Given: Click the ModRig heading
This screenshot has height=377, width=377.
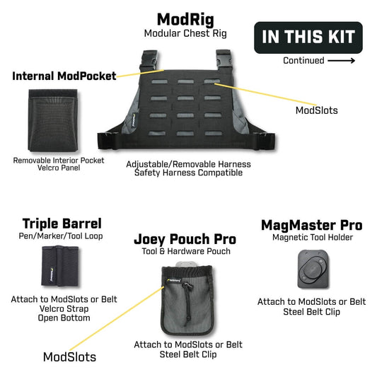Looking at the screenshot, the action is click(x=185, y=20).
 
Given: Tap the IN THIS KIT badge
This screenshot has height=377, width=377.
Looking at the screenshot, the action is click(x=308, y=37).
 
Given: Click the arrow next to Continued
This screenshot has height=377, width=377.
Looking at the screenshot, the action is click(x=341, y=61).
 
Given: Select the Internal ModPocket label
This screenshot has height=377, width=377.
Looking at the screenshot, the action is click(x=64, y=76).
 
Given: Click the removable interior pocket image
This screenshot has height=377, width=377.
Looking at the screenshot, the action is click(x=53, y=120).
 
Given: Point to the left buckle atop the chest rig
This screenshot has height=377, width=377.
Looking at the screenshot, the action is click(x=149, y=60).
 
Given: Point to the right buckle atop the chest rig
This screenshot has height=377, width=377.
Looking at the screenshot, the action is click(x=224, y=60).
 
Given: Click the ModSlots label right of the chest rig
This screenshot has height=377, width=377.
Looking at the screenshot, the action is click(x=317, y=110).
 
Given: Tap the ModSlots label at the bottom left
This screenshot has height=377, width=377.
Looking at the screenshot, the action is click(x=69, y=357).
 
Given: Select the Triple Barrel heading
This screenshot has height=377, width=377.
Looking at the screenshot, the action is click(x=62, y=224).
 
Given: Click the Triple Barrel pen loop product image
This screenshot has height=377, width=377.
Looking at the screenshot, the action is click(x=60, y=266).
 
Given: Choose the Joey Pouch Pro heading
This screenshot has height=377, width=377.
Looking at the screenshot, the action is click(x=185, y=239).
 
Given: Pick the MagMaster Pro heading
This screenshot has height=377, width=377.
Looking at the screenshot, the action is click(x=312, y=226).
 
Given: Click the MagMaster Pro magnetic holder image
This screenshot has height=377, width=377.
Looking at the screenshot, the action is click(x=313, y=269).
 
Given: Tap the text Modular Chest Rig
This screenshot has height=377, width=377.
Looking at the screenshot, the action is click(x=185, y=33).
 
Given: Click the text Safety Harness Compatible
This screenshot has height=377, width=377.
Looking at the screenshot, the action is click(x=188, y=173).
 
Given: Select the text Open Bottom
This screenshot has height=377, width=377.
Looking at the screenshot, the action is click(x=64, y=318).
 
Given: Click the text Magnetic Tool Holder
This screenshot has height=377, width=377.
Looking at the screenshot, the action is click(x=313, y=238).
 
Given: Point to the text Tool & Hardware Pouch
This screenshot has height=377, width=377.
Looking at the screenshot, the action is click(x=186, y=251).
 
